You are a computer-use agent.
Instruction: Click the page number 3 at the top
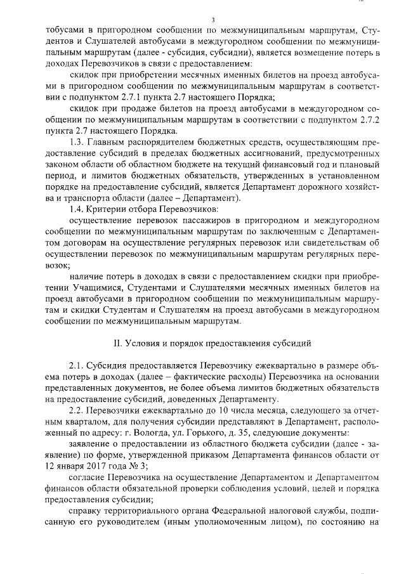[204, 20]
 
